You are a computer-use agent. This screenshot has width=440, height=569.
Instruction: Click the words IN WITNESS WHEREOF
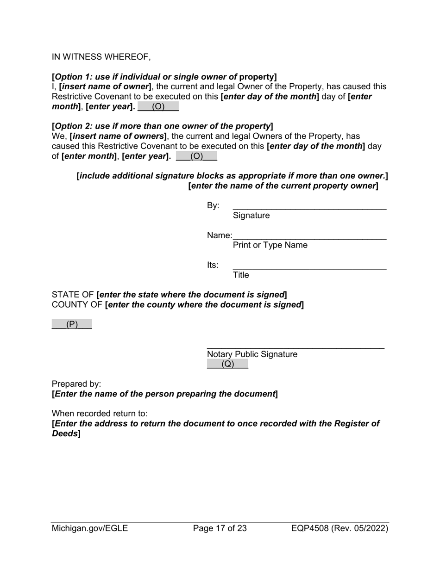[x=101, y=57]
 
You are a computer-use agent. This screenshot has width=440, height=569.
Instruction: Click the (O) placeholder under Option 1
[x=158, y=106]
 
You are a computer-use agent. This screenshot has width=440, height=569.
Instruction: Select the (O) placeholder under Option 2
[x=196, y=156]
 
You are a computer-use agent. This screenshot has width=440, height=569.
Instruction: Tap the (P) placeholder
[x=72, y=324]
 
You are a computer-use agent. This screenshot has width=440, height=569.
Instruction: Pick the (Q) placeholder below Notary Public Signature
[x=227, y=364]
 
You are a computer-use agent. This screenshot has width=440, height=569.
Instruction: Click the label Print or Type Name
[x=270, y=245]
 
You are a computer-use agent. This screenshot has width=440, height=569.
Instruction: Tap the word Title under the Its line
[x=241, y=275]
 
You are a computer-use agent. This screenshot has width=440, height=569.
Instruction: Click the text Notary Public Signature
[x=252, y=354]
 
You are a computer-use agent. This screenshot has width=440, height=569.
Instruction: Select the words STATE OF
[x=73, y=295]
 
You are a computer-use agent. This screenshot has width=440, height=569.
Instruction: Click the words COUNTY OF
[x=77, y=304]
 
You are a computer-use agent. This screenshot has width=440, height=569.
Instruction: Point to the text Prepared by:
[x=76, y=384]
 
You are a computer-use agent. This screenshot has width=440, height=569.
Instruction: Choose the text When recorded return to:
[x=100, y=414]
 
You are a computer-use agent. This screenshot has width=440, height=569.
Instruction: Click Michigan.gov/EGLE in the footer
[x=90, y=528]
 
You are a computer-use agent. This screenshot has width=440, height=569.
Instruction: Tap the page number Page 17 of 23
[x=220, y=528]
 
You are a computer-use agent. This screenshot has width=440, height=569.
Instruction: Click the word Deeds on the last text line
[x=64, y=434]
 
